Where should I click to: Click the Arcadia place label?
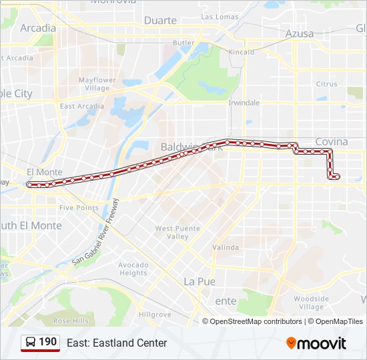pos(38,28)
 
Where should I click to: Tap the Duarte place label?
pos(161,21)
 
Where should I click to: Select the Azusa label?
pos(299,33)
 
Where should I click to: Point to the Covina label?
pos(332,141)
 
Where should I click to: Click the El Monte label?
pos(44,172)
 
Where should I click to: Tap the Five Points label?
pos(79,208)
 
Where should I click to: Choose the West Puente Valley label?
pos(177,233)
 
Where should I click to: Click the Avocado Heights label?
pos(133,269)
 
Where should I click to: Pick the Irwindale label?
pos(244,103)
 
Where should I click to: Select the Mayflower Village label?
pos(97,84)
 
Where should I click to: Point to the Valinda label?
pos(226,247)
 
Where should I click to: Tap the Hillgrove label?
pos(155,315)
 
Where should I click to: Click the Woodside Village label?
pos(311,303)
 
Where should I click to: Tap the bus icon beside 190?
pos(31,343)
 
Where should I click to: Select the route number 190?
pos(48,342)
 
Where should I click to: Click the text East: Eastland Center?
pos(117,343)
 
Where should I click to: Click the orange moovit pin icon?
pos(292,343)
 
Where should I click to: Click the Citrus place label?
pos(327,84)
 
